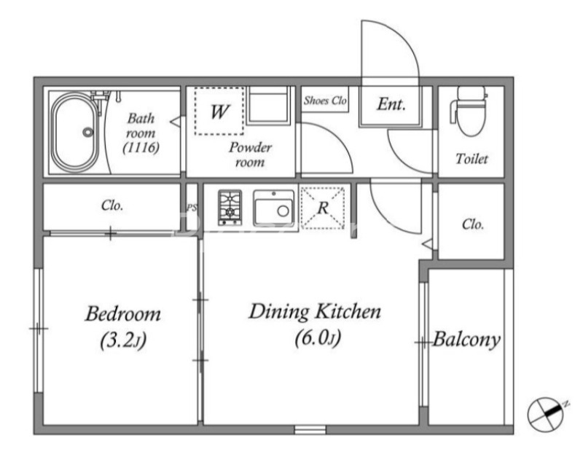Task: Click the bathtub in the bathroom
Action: (75, 132)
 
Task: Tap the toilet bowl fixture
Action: (469, 111)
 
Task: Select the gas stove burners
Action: (230, 208)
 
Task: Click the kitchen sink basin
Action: (274, 208)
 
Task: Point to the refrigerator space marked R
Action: (322, 208)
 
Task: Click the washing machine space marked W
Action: (219, 112)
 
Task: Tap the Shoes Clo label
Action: (325, 100)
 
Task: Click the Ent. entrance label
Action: (391, 104)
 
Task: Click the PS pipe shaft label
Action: (192, 208)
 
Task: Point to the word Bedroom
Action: (123, 314)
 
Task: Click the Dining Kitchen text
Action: (315, 312)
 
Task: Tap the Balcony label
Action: (466, 340)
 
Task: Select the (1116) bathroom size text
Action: (141, 148)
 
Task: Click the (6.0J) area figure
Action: (318, 338)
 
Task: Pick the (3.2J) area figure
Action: (123, 341)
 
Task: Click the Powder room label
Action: (250, 155)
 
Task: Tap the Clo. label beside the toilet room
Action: (473, 224)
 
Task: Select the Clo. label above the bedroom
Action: (112, 206)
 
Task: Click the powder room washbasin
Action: (267, 105)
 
